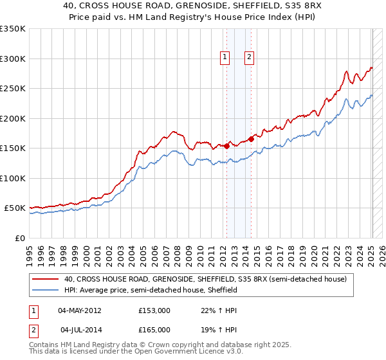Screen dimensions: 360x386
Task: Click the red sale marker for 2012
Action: tap(226, 147)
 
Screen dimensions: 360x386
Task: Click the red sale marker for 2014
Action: tap(251, 139)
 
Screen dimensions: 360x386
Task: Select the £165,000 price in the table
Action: tap(154, 330)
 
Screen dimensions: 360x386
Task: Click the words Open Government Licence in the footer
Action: tap(175, 352)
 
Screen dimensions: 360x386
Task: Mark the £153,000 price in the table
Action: tap(154, 310)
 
